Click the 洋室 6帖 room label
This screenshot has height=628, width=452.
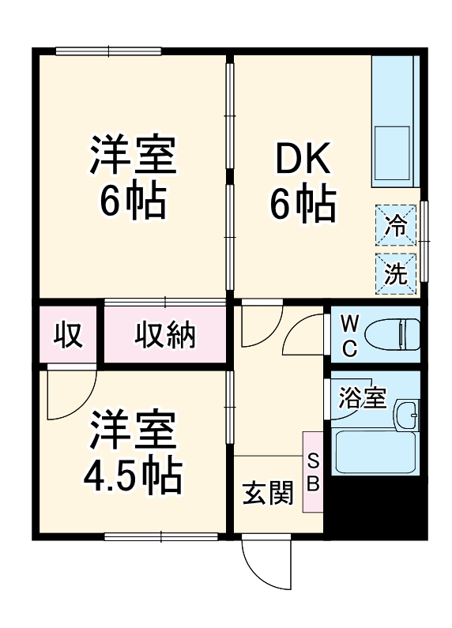click(x=131, y=178)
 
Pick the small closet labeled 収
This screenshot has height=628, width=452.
click(x=67, y=335)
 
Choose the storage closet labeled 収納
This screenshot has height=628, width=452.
click(x=164, y=335)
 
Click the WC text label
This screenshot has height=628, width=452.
click(x=350, y=334)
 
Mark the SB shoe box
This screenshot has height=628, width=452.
click(x=313, y=472)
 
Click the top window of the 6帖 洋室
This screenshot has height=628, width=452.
click(x=109, y=52)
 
